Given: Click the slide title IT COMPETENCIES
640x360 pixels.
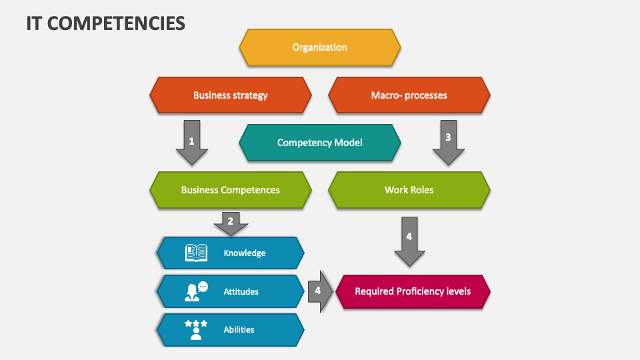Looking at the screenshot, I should [106, 23].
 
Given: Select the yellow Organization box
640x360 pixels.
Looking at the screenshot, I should [320, 47].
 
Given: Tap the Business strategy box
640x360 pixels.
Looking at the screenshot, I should [231, 95].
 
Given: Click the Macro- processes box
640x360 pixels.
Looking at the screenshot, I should [409, 95].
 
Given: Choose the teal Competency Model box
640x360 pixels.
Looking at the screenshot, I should [320, 143].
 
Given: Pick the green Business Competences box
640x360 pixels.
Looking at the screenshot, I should [231, 190].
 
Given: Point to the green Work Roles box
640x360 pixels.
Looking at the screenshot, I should [409, 190].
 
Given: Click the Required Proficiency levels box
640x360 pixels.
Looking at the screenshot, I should [413, 291].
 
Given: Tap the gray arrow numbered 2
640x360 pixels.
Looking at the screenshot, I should [231, 223].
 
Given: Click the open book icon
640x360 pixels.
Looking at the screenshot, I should [196, 253].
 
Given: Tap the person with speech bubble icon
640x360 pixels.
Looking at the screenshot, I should [196, 291].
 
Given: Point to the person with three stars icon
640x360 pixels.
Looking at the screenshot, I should [196, 329].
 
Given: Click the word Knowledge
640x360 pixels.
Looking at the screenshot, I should [245, 253].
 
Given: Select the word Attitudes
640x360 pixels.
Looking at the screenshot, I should [241, 291].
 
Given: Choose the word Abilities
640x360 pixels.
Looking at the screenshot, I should [239, 329].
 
